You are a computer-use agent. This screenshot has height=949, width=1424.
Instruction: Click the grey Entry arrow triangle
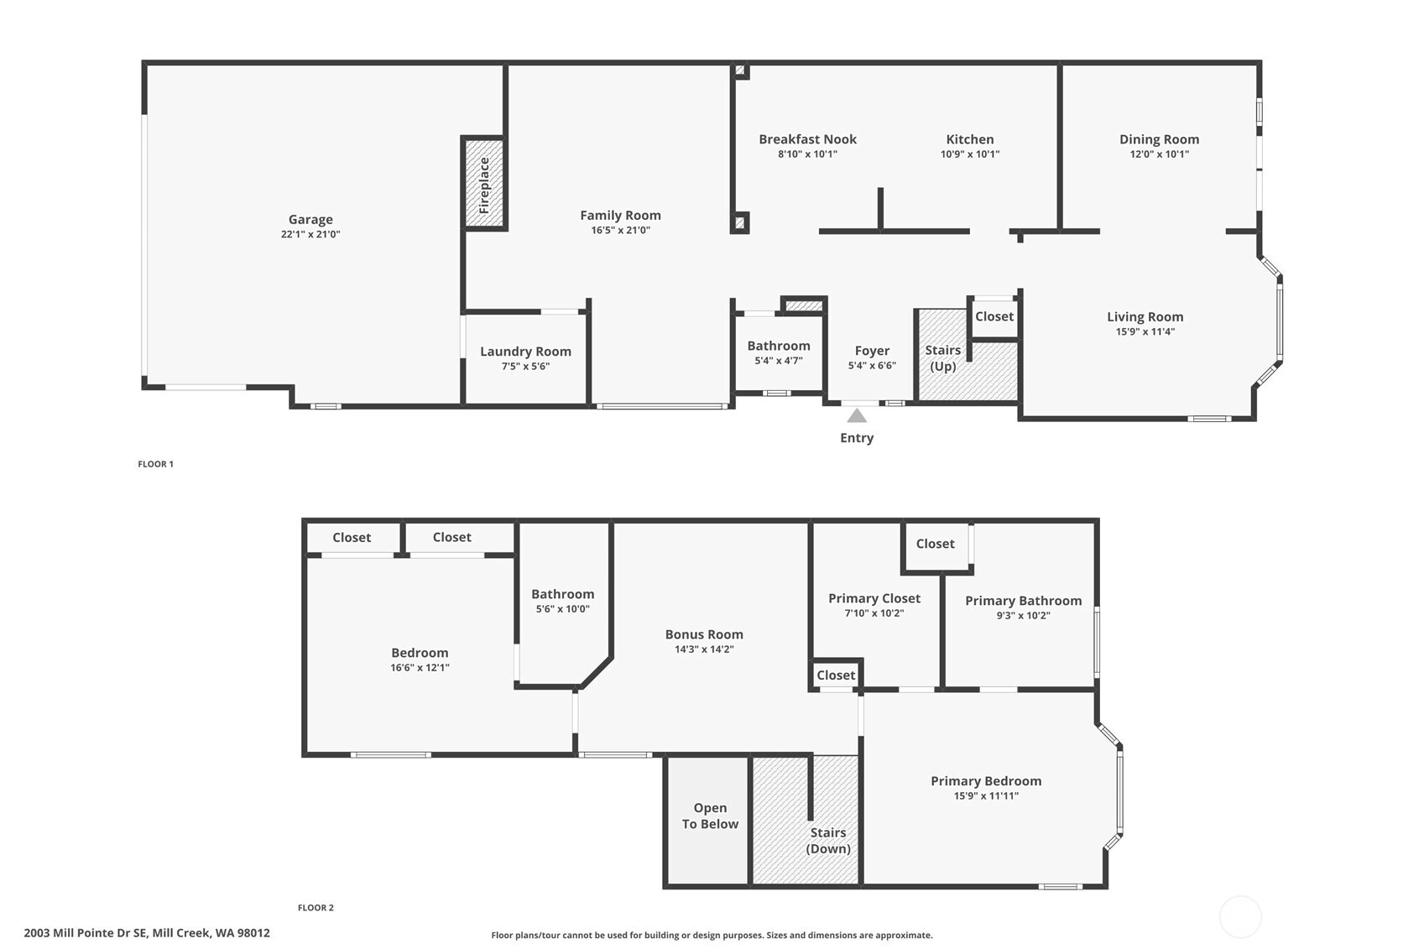pos(857,415)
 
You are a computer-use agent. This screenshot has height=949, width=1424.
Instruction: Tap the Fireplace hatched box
pos(484,183)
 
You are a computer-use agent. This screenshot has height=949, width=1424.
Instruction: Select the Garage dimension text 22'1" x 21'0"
pos(310,234)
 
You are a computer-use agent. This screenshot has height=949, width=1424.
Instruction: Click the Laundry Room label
pos(526,352)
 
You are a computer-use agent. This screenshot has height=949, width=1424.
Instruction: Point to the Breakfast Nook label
pos(808,139)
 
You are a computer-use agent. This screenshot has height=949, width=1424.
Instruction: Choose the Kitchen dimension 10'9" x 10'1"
pos(970,154)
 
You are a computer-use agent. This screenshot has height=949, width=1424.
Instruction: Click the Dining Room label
pos(1160,139)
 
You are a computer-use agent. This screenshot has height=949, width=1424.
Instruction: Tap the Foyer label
pos(872,351)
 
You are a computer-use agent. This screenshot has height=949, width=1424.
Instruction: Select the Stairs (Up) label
pos(943,358)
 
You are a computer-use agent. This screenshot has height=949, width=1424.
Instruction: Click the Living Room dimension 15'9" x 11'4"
pos(1145,331)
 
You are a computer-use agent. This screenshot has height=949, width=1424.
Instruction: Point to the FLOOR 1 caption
pos(156,464)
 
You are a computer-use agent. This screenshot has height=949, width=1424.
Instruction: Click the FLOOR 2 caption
pos(316,908)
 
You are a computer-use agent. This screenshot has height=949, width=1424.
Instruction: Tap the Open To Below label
pos(710,816)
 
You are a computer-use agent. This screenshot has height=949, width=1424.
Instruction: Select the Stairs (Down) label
pos(828,840)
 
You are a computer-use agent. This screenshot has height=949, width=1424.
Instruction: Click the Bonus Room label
pos(704,634)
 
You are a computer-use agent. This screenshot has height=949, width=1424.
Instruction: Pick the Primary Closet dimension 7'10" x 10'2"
pos(874,613)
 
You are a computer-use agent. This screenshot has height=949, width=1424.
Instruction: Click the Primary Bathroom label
pos(1024,601)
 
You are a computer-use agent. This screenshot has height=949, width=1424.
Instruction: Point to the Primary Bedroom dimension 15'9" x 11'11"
pos(987,795)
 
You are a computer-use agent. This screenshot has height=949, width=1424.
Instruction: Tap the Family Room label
pos(620,216)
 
